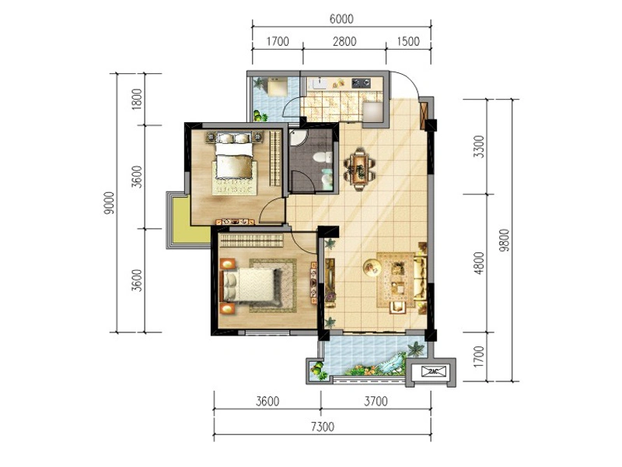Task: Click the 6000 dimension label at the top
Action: (341, 19)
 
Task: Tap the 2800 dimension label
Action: (344, 41)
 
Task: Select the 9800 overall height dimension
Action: (504, 240)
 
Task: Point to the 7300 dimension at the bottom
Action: (323, 427)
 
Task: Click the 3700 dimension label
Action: (376, 402)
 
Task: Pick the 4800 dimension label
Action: (479, 263)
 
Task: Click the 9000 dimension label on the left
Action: (108, 203)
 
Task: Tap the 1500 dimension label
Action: (407, 41)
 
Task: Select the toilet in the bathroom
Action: (322, 157)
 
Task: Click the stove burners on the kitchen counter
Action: (361, 83)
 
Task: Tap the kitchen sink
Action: (318, 83)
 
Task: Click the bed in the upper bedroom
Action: (234, 156)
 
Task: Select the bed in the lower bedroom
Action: (249, 285)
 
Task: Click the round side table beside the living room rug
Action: (372, 267)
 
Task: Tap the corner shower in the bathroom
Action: (298, 138)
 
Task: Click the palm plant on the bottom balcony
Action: (415, 349)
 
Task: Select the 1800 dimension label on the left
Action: (137, 99)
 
